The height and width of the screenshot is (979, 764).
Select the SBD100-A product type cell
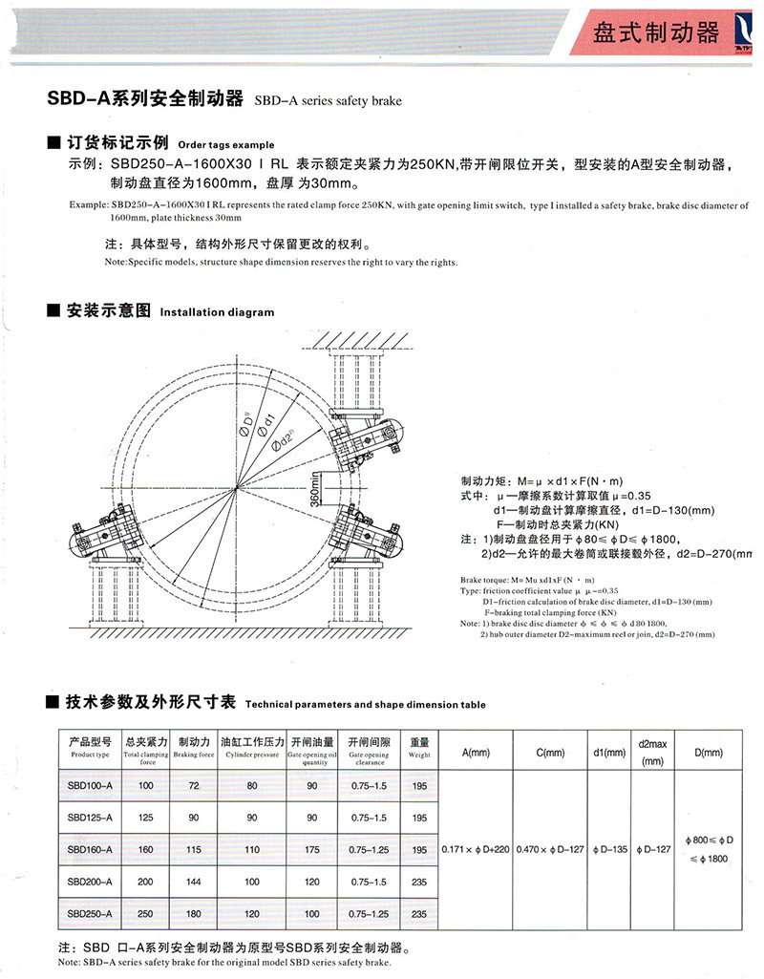(x=91, y=785)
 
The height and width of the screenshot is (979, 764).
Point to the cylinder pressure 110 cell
(x=252, y=848)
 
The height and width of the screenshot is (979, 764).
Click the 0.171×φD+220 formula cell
(x=475, y=848)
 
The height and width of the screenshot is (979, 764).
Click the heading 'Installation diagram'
(x=217, y=312)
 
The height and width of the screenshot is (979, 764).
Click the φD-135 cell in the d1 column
(x=608, y=848)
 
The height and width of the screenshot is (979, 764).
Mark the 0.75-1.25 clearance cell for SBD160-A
(x=368, y=848)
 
